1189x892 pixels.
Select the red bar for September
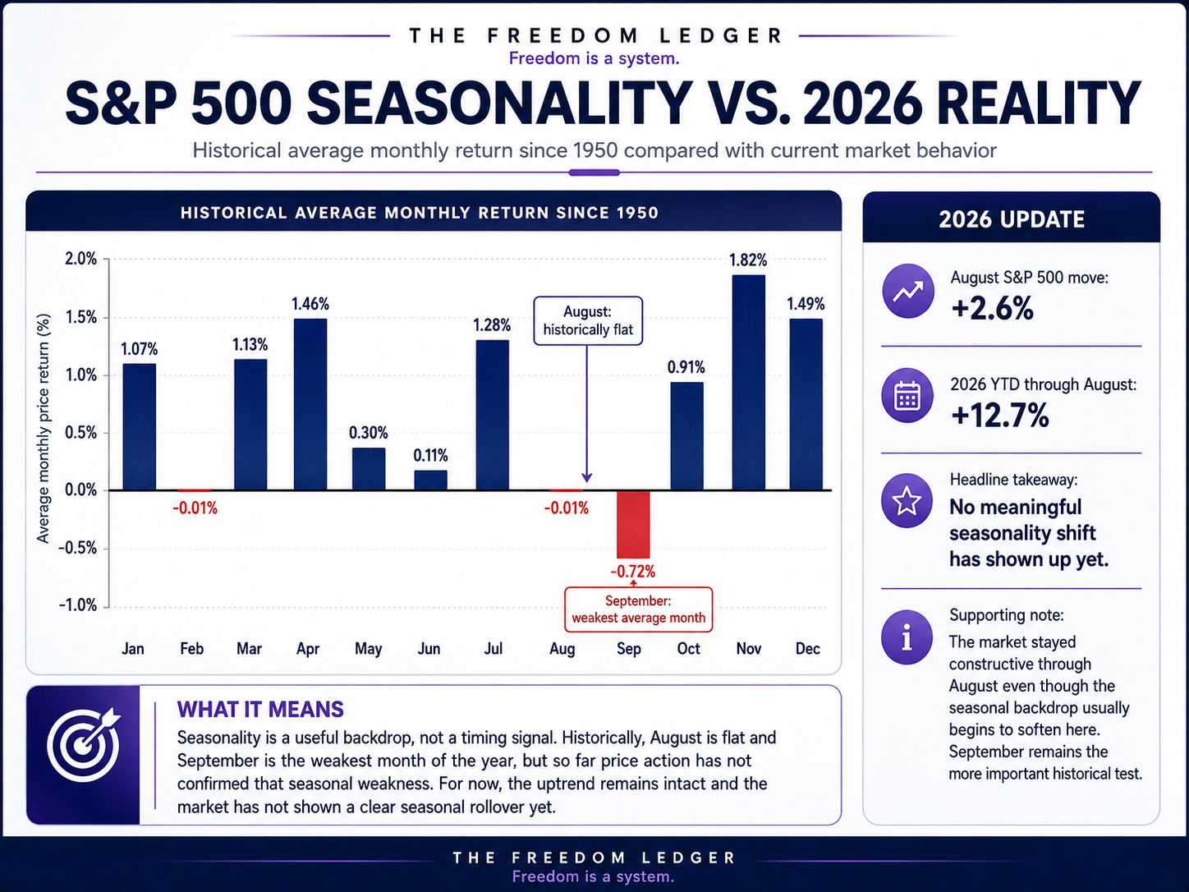pos(633,524)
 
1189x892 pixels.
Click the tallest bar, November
pos(749,383)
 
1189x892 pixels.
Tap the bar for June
pos(430,480)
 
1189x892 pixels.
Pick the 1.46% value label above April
pos(310,304)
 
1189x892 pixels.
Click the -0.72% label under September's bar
pos(633,572)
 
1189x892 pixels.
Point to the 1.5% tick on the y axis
pos(80,317)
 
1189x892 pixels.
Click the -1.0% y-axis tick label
pos(78,605)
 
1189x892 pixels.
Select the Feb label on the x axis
pos(192,648)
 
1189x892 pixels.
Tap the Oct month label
pos(688,648)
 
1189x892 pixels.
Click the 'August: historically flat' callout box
pos(588,320)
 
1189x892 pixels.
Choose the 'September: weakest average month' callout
pos(639,609)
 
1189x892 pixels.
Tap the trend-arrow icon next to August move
pos(908,291)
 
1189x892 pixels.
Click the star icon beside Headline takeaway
pos(907,500)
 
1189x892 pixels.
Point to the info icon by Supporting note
pos(907,637)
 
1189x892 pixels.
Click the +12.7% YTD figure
pos(1000,416)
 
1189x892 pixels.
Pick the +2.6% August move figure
pos(993,309)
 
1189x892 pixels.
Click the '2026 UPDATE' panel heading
pos(1012,219)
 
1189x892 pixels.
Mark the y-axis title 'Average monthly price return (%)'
pos(43,429)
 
